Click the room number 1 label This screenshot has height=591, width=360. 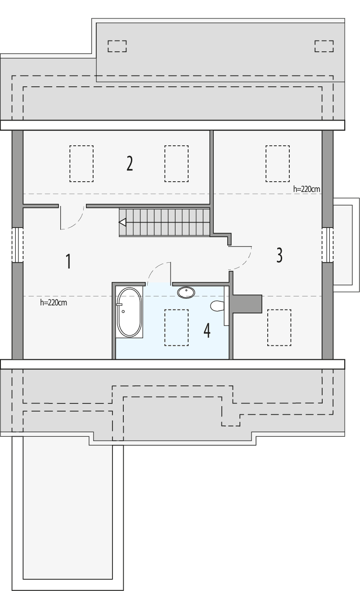point(68,261)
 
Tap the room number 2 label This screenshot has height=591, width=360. point(130,164)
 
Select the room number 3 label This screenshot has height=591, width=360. point(279,255)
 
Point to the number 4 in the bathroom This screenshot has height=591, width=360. point(207,331)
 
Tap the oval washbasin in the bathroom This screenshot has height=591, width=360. point(186,292)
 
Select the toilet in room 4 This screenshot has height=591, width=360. point(217,306)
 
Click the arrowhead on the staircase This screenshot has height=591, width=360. point(122,222)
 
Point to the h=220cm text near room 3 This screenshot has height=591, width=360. point(306,189)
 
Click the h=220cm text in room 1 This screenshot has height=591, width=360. point(54,303)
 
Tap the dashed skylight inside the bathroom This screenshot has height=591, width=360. point(176,327)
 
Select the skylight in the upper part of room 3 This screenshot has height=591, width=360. point(277,163)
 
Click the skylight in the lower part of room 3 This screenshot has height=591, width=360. point(279,327)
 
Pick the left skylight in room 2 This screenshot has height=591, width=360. point(81,164)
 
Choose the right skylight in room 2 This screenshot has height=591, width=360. point(176,164)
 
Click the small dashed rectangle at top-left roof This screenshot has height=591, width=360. point(117,46)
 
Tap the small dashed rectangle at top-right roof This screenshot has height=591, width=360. point(324,46)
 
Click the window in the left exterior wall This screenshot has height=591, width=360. point(17,245)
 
